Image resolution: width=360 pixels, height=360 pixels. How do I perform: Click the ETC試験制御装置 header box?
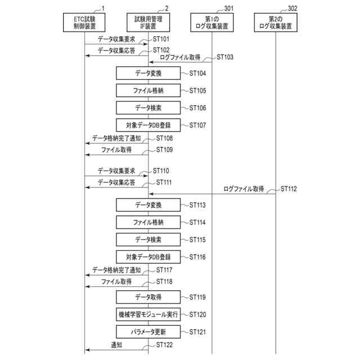pyautogui.click(x=84, y=22)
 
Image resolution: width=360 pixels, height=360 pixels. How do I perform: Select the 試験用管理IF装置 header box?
pyautogui.click(x=148, y=22)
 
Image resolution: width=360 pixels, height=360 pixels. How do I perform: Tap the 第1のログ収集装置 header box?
pyautogui.click(x=213, y=22)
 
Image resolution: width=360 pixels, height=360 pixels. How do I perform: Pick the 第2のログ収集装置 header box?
pyautogui.click(x=276, y=22)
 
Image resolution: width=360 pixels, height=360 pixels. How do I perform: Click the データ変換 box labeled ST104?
pyautogui.click(x=148, y=74)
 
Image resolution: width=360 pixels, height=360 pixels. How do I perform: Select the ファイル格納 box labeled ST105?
pyautogui.click(x=148, y=91)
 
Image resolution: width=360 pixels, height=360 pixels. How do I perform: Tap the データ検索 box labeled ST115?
pyautogui.click(x=148, y=240)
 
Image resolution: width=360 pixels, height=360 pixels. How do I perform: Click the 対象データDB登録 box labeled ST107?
pyautogui.click(x=148, y=125)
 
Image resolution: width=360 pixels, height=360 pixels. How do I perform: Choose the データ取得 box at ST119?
pyautogui.click(x=148, y=297)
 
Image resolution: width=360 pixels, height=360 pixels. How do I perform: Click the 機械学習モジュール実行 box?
pyautogui.click(x=148, y=314)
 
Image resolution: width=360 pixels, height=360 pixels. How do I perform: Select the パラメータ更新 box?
pyautogui.click(x=148, y=331)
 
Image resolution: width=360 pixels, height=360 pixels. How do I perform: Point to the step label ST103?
pyautogui.click(x=225, y=57)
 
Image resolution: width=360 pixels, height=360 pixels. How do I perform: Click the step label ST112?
pyautogui.click(x=288, y=188)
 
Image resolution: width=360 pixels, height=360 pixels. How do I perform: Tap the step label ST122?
pyautogui.click(x=164, y=344)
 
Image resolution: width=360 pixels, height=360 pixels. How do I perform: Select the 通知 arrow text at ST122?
pyautogui.click(x=116, y=345)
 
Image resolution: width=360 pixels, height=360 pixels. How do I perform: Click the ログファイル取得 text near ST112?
pyautogui.click(x=244, y=189)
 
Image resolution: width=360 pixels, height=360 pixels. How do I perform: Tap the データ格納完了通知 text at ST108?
pyautogui.click(x=116, y=138)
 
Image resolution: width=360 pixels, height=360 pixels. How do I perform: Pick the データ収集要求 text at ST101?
pyautogui.click(x=116, y=39)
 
